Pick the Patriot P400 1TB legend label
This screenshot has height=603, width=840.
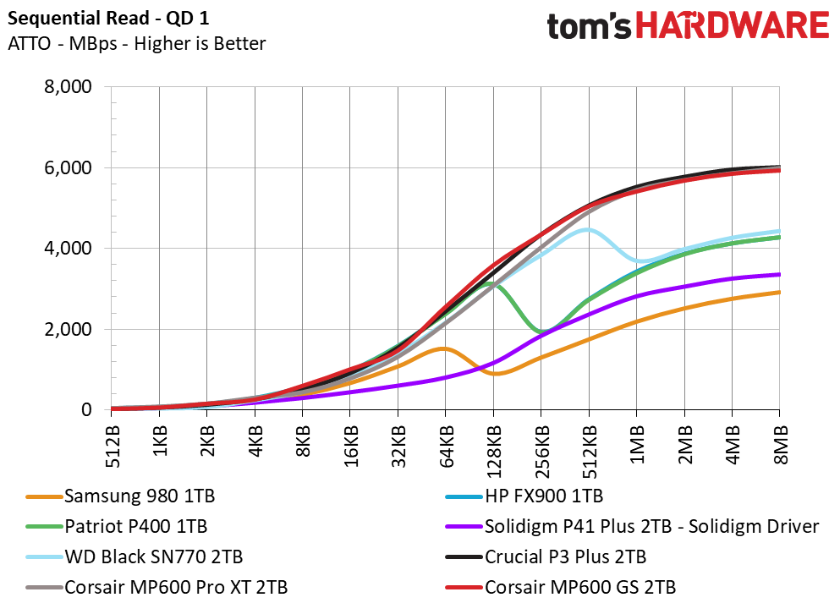point(135,527)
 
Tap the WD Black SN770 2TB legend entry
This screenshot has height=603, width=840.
point(154,557)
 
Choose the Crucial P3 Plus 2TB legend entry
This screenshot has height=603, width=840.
point(566,557)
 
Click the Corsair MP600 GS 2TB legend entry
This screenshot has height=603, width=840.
point(580,587)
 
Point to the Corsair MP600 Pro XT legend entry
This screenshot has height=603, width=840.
point(176,587)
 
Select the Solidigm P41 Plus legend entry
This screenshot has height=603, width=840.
point(651,527)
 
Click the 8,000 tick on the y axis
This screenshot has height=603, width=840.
point(67,87)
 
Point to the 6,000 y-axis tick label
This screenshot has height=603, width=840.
point(67,167)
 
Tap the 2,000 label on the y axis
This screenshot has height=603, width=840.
point(67,330)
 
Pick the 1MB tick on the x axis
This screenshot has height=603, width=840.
point(637,442)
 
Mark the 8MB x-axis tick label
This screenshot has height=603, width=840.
point(780,442)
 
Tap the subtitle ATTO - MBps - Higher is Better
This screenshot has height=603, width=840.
point(136,43)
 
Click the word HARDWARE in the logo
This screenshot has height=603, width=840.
point(731,25)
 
